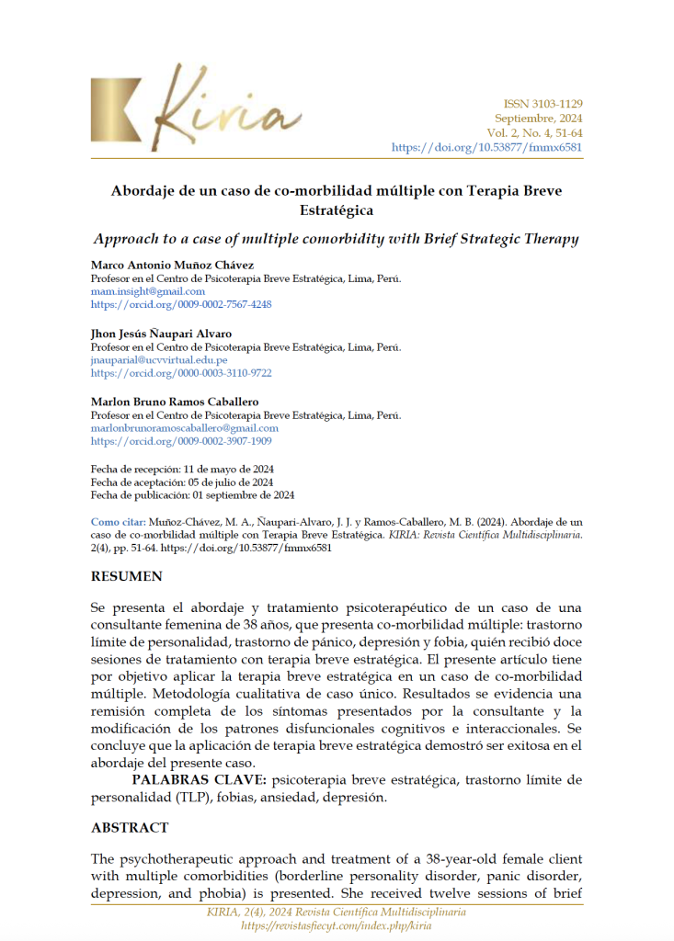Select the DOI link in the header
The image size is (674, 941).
click(486, 147)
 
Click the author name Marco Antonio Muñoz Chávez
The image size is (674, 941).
click(173, 265)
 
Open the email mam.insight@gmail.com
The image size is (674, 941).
click(147, 291)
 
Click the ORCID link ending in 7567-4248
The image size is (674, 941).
click(181, 304)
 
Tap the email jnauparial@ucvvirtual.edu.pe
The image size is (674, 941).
click(159, 360)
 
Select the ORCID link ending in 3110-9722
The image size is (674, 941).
click(181, 373)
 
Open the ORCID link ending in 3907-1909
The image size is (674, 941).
click(181, 441)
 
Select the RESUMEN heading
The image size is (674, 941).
click(127, 577)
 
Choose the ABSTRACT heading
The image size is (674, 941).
click(130, 828)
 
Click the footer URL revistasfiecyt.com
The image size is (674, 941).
click(336, 925)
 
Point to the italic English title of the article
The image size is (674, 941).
click(337, 239)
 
